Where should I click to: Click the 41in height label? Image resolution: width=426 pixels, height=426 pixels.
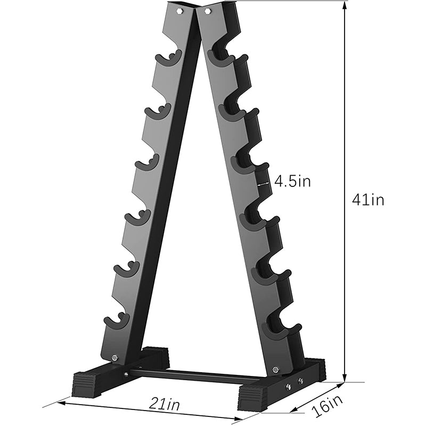pos(368,200)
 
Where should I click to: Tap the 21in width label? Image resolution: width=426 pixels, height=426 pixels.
pos(164,404)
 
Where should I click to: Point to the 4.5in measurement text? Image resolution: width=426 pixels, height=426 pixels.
pos(292,181)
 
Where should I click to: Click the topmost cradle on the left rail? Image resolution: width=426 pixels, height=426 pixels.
pos(168,58)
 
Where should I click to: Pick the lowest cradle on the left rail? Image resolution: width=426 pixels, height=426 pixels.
pos(116,322)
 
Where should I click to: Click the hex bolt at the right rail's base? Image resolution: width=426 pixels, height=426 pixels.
pos(275,369)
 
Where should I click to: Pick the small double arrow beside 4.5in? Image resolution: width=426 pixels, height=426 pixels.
pos(263,182)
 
